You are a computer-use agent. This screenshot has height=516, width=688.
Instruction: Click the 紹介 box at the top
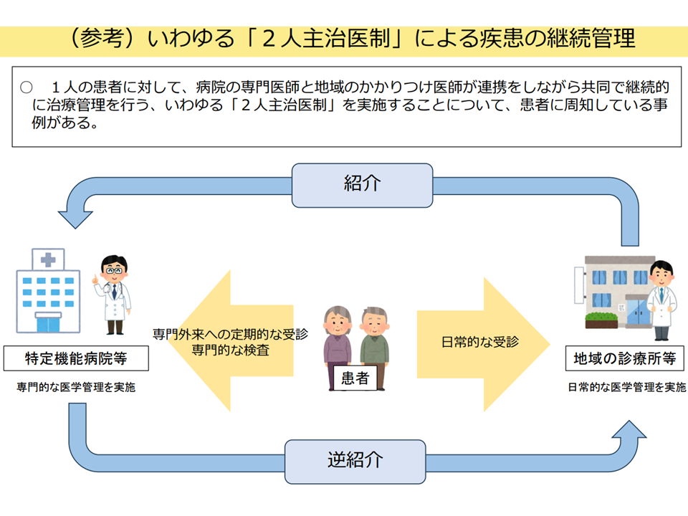click(x=363, y=185)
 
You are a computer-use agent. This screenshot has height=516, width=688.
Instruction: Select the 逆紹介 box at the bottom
click(x=355, y=462)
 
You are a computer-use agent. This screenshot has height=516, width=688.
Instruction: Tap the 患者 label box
click(x=355, y=378)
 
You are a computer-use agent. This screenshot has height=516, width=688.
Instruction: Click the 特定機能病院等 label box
click(x=76, y=358)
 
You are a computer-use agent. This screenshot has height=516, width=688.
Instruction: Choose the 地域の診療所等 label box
click(x=625, y=358)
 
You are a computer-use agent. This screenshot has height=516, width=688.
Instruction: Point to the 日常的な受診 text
click(x=480, y=342)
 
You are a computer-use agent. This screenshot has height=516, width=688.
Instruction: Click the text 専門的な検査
click(x=230, y=350)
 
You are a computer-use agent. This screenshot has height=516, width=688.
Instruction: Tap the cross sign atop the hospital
click(x=48, y=259)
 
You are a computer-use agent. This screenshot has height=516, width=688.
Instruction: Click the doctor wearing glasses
click(x=113, y=295)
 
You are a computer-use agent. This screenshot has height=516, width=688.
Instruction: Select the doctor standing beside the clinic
click(x=661, y=300)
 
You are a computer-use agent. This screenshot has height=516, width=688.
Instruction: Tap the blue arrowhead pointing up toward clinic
click(x=629, y=429)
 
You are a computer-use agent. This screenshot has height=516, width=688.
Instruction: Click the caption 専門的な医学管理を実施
click(x=76, y=387)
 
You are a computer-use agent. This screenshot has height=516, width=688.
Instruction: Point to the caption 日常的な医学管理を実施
click(x=626, y=387)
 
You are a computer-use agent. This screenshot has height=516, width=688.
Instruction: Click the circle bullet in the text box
click(x=27, y=87)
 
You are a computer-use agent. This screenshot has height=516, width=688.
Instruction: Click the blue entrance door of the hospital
click(x=48, y=324)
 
